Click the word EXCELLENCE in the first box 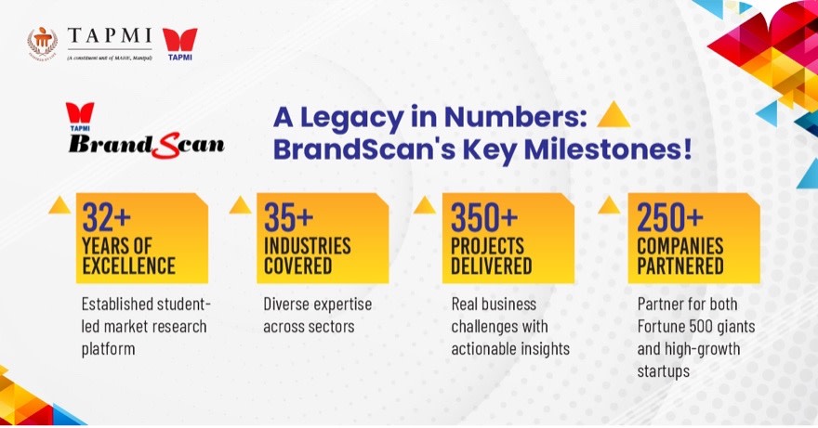tap(128, 266)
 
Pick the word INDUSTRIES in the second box tap(307, 247)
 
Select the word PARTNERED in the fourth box tap(680, 266)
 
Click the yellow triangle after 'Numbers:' tap(613, 116)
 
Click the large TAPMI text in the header tap(108, 34)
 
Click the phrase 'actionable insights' tap(509, 348)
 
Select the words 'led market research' tap(143, 326)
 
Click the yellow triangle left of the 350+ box tap(426, 203)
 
